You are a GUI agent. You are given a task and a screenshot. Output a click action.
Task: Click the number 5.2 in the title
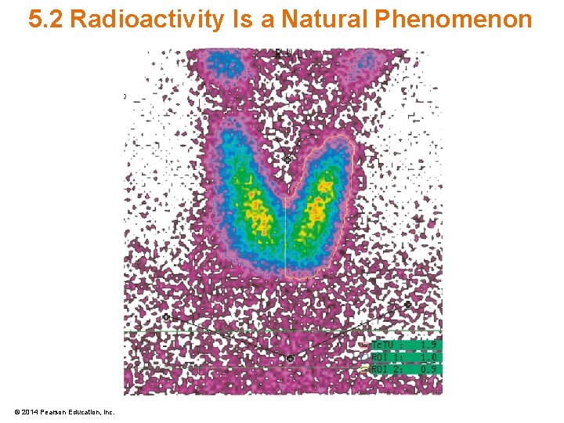[45, 20]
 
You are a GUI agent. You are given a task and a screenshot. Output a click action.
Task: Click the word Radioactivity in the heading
[146, 20]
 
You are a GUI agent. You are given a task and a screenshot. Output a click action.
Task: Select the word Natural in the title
[316, 20]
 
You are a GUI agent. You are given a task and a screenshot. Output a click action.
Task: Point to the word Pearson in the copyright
[53, 412]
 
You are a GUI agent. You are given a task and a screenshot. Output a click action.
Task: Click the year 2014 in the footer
[30, 412]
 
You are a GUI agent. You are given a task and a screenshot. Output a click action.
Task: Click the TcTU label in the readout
[383, 345]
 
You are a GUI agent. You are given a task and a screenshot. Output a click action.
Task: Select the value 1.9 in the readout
[429, 345]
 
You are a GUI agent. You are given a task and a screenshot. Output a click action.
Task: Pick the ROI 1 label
[385, 357]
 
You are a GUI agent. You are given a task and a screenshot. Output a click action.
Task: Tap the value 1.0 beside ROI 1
[429, 357]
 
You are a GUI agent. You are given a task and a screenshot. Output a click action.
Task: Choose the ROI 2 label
[385, 369]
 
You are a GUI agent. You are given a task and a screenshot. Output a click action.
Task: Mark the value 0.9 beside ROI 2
[429, 369]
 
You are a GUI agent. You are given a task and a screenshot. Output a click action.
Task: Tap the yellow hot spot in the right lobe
[316, 208]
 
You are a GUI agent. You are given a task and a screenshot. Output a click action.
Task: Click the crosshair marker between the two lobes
[287, 159]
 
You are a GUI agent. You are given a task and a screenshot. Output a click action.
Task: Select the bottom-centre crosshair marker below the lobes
[290, 359]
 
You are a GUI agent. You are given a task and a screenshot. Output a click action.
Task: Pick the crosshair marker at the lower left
[166, 317]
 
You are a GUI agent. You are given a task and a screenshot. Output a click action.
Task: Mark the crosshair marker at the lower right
[407, 304]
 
